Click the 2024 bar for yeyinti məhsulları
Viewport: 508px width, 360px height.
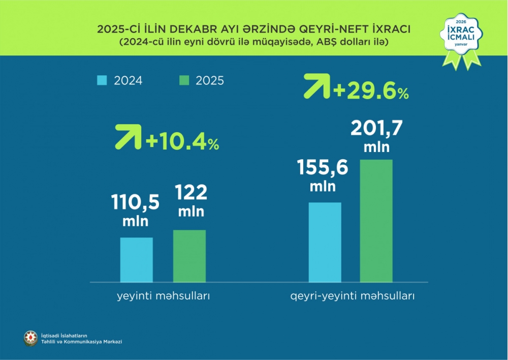pos(136,259)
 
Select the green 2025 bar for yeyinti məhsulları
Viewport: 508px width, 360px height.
pos(189,256)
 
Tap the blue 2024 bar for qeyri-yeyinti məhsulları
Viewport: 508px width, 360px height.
pos(325,242)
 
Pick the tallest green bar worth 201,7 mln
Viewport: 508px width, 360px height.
pos(376,221)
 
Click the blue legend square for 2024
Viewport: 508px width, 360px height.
pos(102,80)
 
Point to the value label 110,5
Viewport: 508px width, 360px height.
pos(135,203)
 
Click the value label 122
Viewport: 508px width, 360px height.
pos(191,193)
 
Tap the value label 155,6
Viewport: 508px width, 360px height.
pos(323,167)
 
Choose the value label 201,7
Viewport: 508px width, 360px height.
pos(376,129)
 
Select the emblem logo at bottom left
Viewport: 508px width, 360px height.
pos(31,338)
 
